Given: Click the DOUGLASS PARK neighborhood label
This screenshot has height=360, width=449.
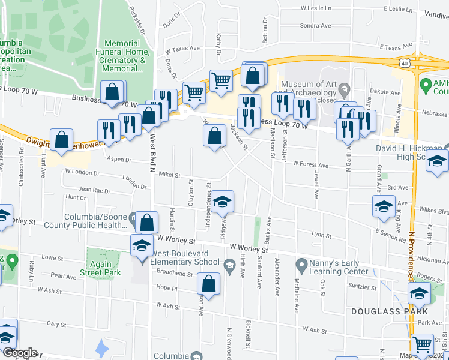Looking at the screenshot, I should [389, 311].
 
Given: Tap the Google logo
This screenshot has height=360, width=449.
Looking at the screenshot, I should [20, 353].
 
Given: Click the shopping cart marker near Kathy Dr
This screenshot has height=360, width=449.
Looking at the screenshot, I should [221, 80].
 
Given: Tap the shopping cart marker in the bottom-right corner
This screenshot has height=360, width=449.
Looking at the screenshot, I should [423, 344].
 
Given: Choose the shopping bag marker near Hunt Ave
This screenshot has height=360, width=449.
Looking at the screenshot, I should [62, 139].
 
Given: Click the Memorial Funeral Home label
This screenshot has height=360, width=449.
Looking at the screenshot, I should [125, 56].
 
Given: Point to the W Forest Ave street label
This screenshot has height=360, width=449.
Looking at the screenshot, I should [310, 164].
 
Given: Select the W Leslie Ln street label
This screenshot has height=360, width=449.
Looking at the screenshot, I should [316, 9].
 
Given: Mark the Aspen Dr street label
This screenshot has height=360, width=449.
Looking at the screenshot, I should [118, 160].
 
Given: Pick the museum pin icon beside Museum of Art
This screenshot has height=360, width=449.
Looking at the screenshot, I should [345, 91].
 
